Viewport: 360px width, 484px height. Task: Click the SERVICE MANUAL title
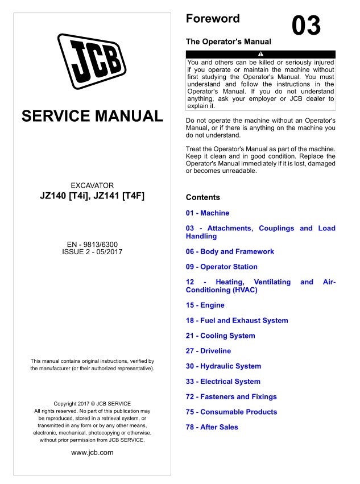pos(92,117)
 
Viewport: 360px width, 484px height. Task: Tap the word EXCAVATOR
pos(92,185)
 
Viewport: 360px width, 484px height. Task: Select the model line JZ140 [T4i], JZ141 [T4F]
pos(92,197)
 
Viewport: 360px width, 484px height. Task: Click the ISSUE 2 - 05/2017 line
pos(92,251)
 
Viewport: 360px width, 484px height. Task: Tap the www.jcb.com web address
pos(92,453)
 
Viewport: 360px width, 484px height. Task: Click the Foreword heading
pos(213,19)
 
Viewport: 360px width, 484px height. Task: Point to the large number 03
pos(306,26)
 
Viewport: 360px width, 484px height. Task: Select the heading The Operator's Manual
pos(229,42)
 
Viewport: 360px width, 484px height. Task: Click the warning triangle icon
pos(260,54)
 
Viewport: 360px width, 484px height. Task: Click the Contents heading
pos(202,197)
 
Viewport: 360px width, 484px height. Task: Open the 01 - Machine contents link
pos(208,213)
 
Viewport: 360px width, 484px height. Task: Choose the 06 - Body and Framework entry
pos(230,251)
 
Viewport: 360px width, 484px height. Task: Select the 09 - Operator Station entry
pos(222,267)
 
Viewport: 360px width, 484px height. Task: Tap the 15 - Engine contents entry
pos(205,305)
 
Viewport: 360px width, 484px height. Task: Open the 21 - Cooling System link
pos(221,336)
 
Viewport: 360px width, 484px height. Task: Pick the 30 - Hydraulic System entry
pos(224,366)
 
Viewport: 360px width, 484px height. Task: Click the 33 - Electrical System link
pos(223,382)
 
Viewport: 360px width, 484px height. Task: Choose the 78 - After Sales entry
pos(212,427)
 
